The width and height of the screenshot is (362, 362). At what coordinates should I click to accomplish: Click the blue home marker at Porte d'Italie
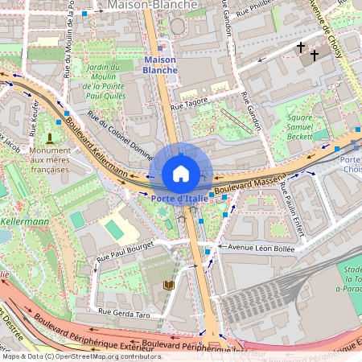(x=181, y=173)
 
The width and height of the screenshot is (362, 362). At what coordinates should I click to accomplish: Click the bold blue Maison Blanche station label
(x=159, y=65)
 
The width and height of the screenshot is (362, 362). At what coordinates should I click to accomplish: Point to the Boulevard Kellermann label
(x=96, y=146)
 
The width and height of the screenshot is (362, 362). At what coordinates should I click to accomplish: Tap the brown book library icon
(x=168, y=286)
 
